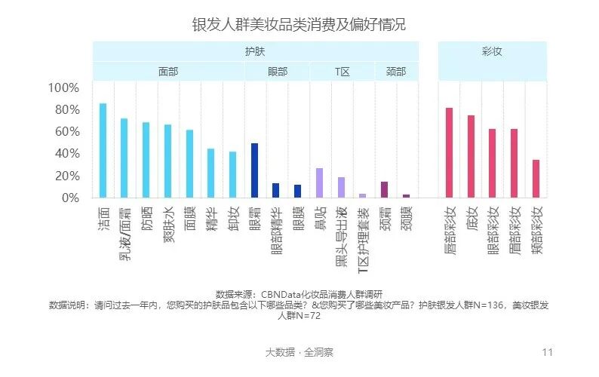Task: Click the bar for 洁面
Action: tap(103, 151)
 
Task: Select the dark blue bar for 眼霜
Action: tap(254, 170)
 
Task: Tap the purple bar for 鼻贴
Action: tap(319, 182)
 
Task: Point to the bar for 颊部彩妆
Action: tap(536, 179)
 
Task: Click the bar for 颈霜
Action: tap(384, 189)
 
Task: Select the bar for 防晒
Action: tap(146, 160)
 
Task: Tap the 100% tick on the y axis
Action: tap(63, 88)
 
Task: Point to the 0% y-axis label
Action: tap(69, 198)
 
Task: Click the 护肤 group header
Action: tap(255, 51)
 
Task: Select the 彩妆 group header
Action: tap(492, 51)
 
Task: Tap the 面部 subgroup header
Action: tap(168, 72)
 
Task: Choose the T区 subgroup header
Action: tap(342, 72)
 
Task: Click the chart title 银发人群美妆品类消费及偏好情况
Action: tap(299, 24)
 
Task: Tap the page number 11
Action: tap(548, 352)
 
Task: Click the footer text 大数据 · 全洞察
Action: tap(299, 352)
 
